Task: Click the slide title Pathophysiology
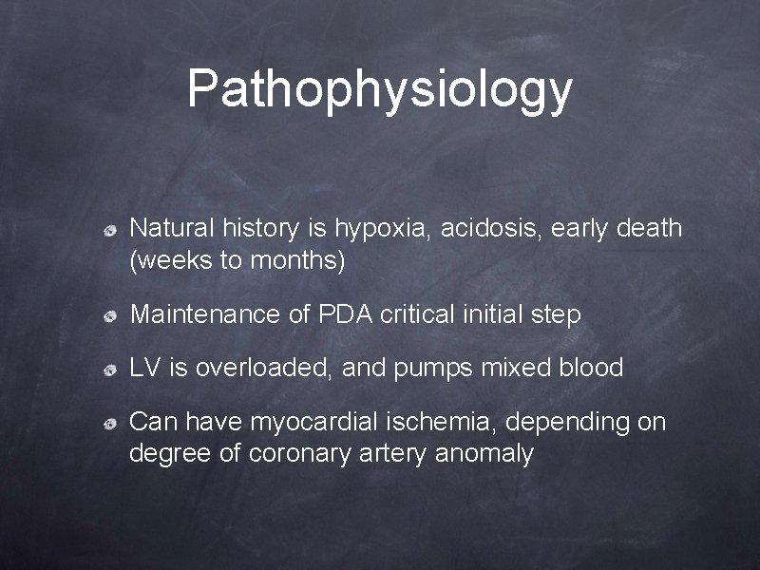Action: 379,88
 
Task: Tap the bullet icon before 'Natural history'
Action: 110,230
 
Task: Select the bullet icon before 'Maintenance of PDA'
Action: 110,316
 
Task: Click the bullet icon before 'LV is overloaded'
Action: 110,369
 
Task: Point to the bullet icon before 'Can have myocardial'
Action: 110,422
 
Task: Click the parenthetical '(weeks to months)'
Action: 237,260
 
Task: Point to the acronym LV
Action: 145,368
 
